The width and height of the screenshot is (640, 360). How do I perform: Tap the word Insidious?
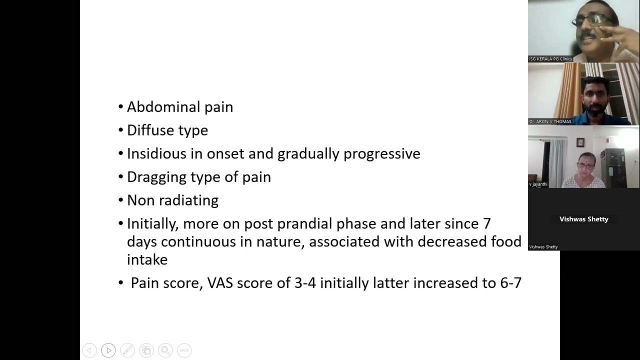[153, 153]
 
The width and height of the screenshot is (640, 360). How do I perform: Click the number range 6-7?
[510, 283]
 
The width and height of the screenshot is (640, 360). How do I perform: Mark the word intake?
[147, 259]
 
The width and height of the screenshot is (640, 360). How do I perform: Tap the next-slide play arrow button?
[108, 350]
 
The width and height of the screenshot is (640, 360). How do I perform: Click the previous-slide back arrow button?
[89, 350]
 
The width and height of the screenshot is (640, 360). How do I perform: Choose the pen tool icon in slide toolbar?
[127, 350]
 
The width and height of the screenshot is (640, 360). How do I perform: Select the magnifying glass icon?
[165, 350]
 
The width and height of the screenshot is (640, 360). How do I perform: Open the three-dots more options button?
[184, 350]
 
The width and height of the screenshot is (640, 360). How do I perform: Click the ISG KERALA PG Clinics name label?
[550, 59]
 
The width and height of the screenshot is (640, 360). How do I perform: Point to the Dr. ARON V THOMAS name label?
[550, 121]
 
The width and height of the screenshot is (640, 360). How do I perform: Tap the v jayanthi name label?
[538, 184]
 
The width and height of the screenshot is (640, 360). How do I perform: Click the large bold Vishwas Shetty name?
[583, 219]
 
